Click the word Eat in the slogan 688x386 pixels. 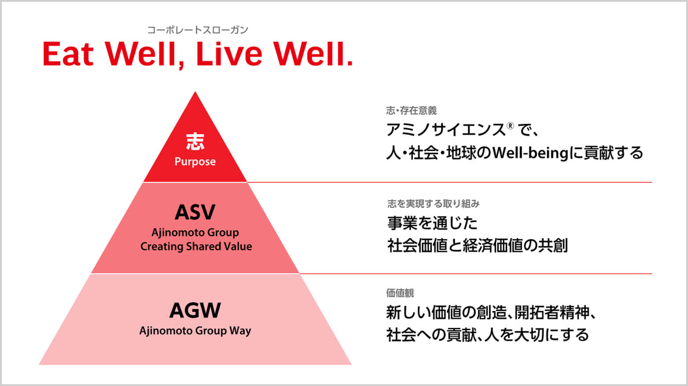pyautogui.click(x=68, y=54)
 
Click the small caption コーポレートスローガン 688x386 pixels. pyautogui.click(x=198, y=30)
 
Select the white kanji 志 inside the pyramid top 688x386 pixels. pyautogui.click(x=195, y=142)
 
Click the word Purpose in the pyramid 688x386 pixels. pyautogui.click(x=195, y=161)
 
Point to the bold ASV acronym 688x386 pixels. pyautogui.click(x=195, y=212)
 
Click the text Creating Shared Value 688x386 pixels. pyautogui.click(x=196, y=246)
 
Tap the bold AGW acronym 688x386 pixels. pyautogui.click(x=195, y=310)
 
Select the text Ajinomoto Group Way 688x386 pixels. pyautogui.click(x=195, y=331)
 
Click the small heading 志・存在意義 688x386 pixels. pyautogui.click(x=411, y=111)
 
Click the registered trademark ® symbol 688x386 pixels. pyautogui.click(x=510, y=126)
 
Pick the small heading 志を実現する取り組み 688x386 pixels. pyautogui.click(x=433, y=204)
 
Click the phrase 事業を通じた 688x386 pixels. pyautogui.click(x=433, y=223)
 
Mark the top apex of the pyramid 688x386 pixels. pyautogui.click(x=195, y=92)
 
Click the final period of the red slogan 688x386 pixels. pyautogui.click(x=350, y=63)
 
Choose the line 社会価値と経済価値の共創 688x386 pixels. pyautogui.click(x=477, y=245)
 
